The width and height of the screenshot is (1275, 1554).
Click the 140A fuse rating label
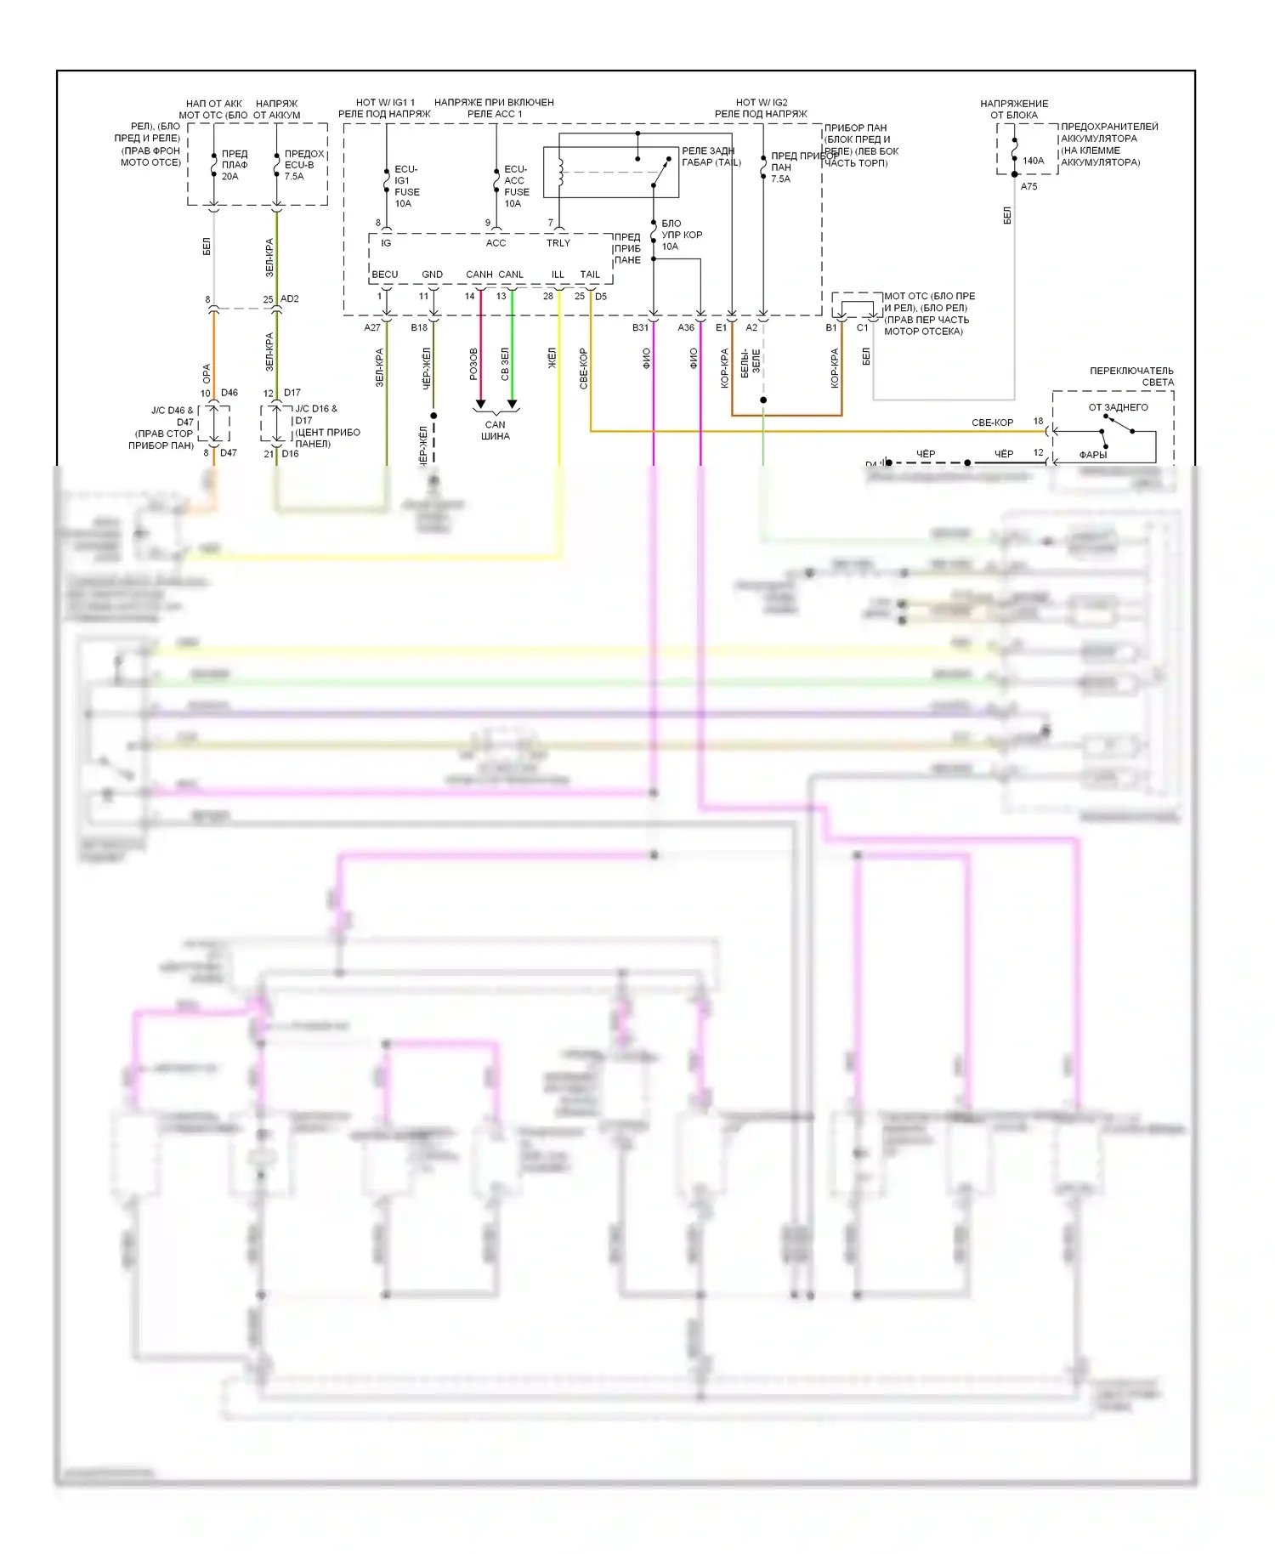point(1033,161)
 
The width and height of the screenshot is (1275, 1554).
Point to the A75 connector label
point(1028,187)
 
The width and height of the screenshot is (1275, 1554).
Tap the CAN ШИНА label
point(496,430)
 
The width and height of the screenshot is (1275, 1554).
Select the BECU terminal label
point(385,275)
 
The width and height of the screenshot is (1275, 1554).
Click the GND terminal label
point(432,275)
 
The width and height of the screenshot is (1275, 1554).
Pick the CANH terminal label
point(479,275)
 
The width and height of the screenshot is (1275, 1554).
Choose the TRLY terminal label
point(558,243)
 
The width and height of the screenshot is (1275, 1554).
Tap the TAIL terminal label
point(590,275)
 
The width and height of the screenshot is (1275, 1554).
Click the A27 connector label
point(372,328)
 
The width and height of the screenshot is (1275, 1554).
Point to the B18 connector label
point(419,328)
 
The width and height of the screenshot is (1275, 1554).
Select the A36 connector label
point(686,328)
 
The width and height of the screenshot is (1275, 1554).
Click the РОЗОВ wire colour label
point(474,364)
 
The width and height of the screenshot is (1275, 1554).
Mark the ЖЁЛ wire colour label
point(552,357)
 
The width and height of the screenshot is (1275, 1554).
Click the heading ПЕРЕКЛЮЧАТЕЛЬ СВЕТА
point(1131,377)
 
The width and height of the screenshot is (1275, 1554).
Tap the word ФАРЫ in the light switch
point(1093,455)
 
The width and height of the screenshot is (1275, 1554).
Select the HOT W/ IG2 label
point(762,103)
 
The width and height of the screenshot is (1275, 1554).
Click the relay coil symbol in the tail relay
point(560,171)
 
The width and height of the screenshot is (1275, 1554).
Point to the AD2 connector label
point(290,299)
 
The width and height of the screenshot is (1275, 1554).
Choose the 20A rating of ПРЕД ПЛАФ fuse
point(230,177)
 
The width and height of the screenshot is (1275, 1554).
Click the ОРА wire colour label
point(207,373)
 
